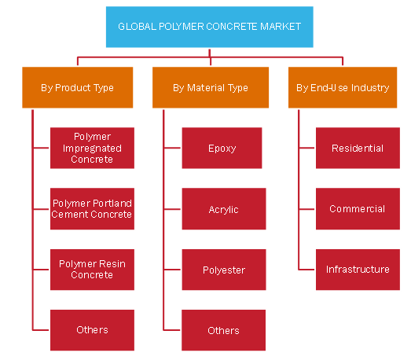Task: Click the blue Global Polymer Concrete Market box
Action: pos(210,27)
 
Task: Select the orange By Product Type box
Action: pos(77,87)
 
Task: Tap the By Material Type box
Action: pos(211,87)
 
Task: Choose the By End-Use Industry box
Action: pos(343,87)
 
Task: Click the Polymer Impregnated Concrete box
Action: pos(92,148)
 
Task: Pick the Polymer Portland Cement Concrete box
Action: pos(92,209)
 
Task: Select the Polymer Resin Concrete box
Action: pos(92,270)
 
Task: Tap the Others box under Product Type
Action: pos(92,330)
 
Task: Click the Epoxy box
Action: pos(222,148)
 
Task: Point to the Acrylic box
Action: pos(224,209)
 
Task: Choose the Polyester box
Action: pos(224,270)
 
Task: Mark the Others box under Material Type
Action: pos(224,330)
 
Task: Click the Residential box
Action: pos(358,148)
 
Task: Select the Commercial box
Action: pos(358,209)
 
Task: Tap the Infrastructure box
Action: pos(358,270)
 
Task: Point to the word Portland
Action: pos(112,204)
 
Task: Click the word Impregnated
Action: pos(92,149)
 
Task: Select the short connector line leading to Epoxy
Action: pos(172,148)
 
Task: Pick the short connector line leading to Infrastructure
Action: pos(306,270)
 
